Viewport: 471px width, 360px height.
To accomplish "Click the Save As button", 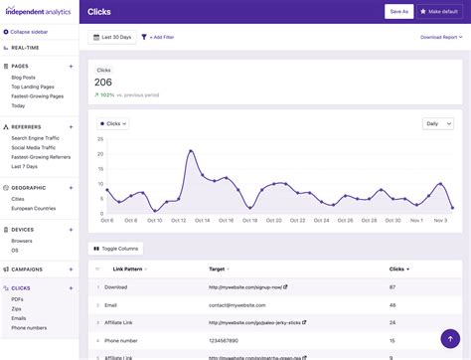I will (398, 11).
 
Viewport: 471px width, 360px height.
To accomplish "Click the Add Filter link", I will (161, 37).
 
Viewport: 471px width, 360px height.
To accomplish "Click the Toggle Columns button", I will (116, 248).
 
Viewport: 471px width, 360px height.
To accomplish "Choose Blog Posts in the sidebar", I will (25, 77).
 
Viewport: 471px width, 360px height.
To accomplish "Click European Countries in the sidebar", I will (34, 208).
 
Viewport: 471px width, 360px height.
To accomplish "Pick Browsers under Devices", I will (22, 241).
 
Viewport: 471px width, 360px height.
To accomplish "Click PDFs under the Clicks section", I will (17, 298).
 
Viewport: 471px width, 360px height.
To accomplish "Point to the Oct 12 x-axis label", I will (179, 220).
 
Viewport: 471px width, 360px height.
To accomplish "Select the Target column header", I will (217, 269).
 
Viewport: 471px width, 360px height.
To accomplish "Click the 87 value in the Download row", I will (393, 287).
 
